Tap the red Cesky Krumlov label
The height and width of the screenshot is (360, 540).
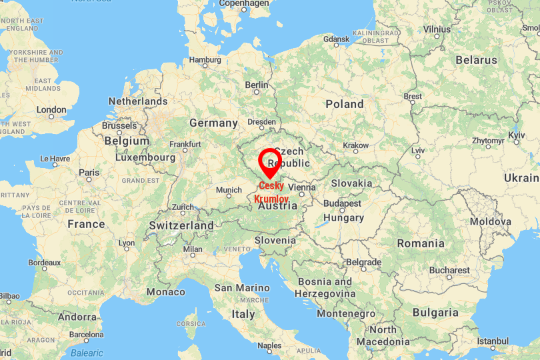click(x=271, y=193)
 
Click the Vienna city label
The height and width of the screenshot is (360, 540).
click(x=301, y=188)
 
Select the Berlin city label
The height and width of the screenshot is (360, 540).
click(x=257, y=85)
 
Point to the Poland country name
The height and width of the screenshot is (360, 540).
click(x=344, y=104)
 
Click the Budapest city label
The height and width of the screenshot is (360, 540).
click(x=342, y=203)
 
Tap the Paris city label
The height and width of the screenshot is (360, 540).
click(x=89, y=172)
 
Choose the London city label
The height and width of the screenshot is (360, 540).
click(x=51, y=110)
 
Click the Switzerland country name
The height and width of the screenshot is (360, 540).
click(x=181, y=225)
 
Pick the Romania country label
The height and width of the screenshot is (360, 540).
click(x=420, y=243)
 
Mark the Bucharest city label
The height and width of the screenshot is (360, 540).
click(x=449, y=271)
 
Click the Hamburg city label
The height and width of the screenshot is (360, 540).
click(x=205, y=59)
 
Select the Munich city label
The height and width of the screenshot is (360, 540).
click(x=229, y=190)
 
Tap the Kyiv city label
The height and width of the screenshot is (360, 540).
click(x=517, y=135)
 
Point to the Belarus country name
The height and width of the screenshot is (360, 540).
click(x=476, y=60)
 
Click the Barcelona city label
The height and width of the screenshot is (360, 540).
click(x=87, y=334)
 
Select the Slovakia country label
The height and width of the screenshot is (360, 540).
click(x=351, y=183)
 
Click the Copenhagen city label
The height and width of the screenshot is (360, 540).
click(x=244, y=3)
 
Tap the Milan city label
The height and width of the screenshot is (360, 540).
click(x=193, y=249)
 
